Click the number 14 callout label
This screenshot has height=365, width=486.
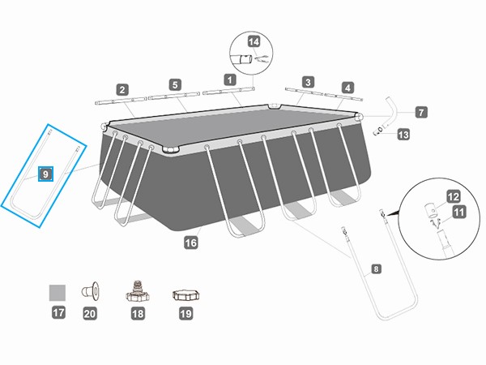(x=254, y=41)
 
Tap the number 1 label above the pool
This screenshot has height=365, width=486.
(x=229, y=79)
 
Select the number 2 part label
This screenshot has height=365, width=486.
(x=122, y=90)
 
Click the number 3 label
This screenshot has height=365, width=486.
(x=308, y=82)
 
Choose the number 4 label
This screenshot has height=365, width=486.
(x=347, y=88)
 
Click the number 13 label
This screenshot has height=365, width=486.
(x=403, y=137)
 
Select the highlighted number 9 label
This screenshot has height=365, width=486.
(x=45, y=174)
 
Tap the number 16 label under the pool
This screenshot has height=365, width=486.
(x=191, y=241)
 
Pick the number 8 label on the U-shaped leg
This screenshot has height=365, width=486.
(x=375, y=268)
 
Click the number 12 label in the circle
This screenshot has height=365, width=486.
(x=454, y=195)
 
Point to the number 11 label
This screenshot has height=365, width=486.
(x=460, y=213)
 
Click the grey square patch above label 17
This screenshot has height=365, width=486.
(x=58, y=291)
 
